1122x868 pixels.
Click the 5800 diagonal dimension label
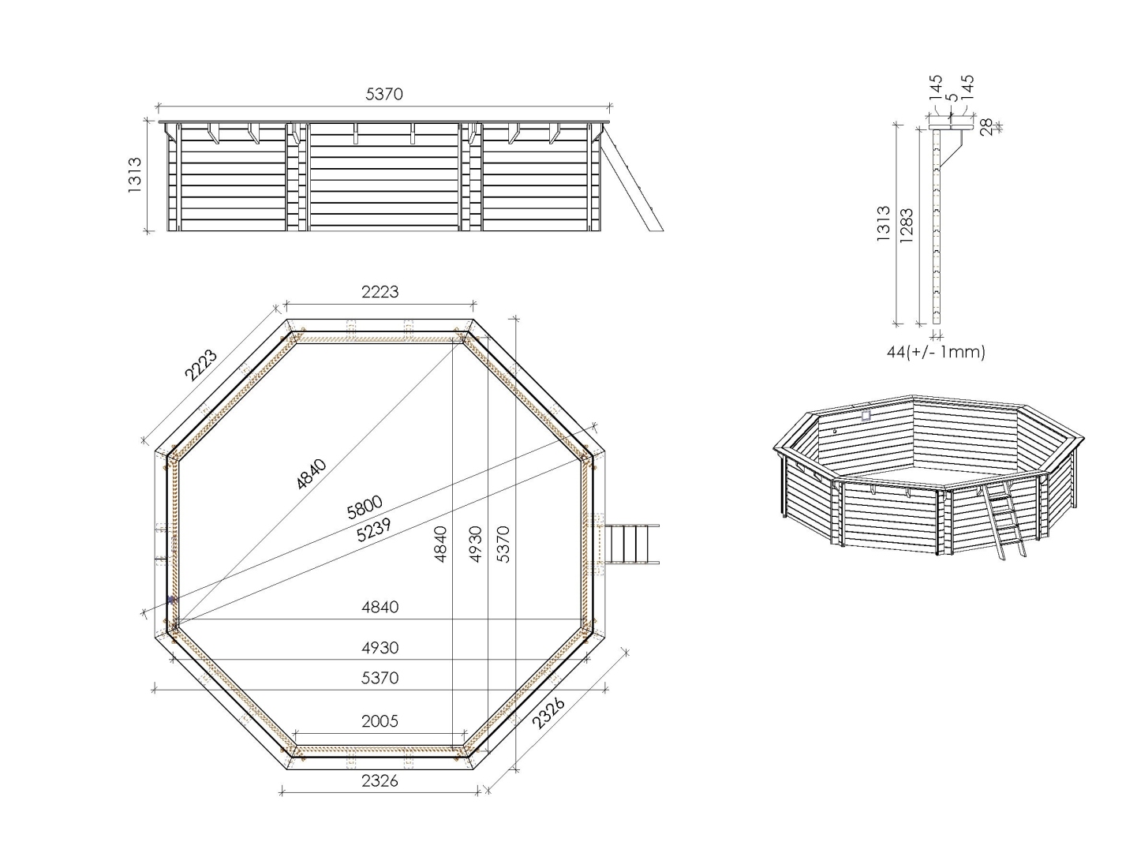pos(365,507)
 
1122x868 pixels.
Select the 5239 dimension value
pos(374,529)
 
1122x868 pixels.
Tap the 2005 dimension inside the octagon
pos(380,721)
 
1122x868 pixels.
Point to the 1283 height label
pos(906,225)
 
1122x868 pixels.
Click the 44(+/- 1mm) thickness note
pos(936,352)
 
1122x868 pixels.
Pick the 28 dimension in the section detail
pos(986,127)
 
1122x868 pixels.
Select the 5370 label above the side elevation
pos(384,94)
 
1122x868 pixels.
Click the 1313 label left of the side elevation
pos(135,175)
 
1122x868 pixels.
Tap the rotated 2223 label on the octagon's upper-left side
pos(201,365)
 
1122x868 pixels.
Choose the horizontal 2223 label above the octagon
pos(380,292)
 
